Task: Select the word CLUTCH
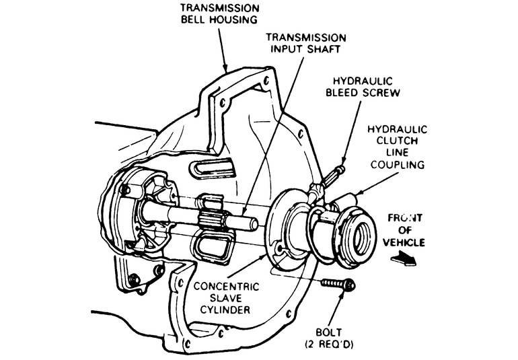(x=401, y=141)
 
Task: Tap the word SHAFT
(x=326, y=50)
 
